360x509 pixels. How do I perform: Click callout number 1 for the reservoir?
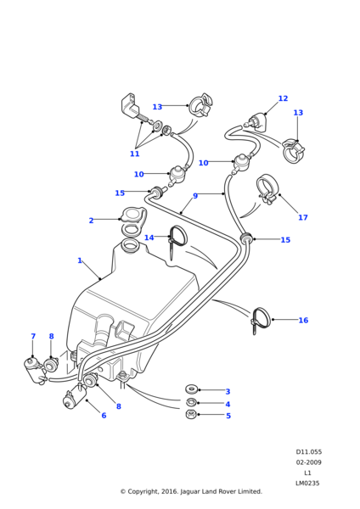[x=80, y=260]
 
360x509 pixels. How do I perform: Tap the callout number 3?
[x=228, y=392]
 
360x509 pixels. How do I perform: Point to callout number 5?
[x=228, y=416]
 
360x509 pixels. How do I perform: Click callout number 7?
[x=33, y=337]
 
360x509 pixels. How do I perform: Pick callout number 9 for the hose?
[x=195, y=196]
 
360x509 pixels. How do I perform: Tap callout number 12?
[x=283, y=98]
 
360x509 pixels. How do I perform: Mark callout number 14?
[x=149, y=238]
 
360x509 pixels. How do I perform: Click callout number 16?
[x=303, y=321]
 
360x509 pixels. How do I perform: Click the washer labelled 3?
[x=192, y=389]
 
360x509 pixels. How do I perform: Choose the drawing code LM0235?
[x=307, y=484]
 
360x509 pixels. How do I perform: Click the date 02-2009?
[x=308, y=462]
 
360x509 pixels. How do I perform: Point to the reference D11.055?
[x=308, y=452]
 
